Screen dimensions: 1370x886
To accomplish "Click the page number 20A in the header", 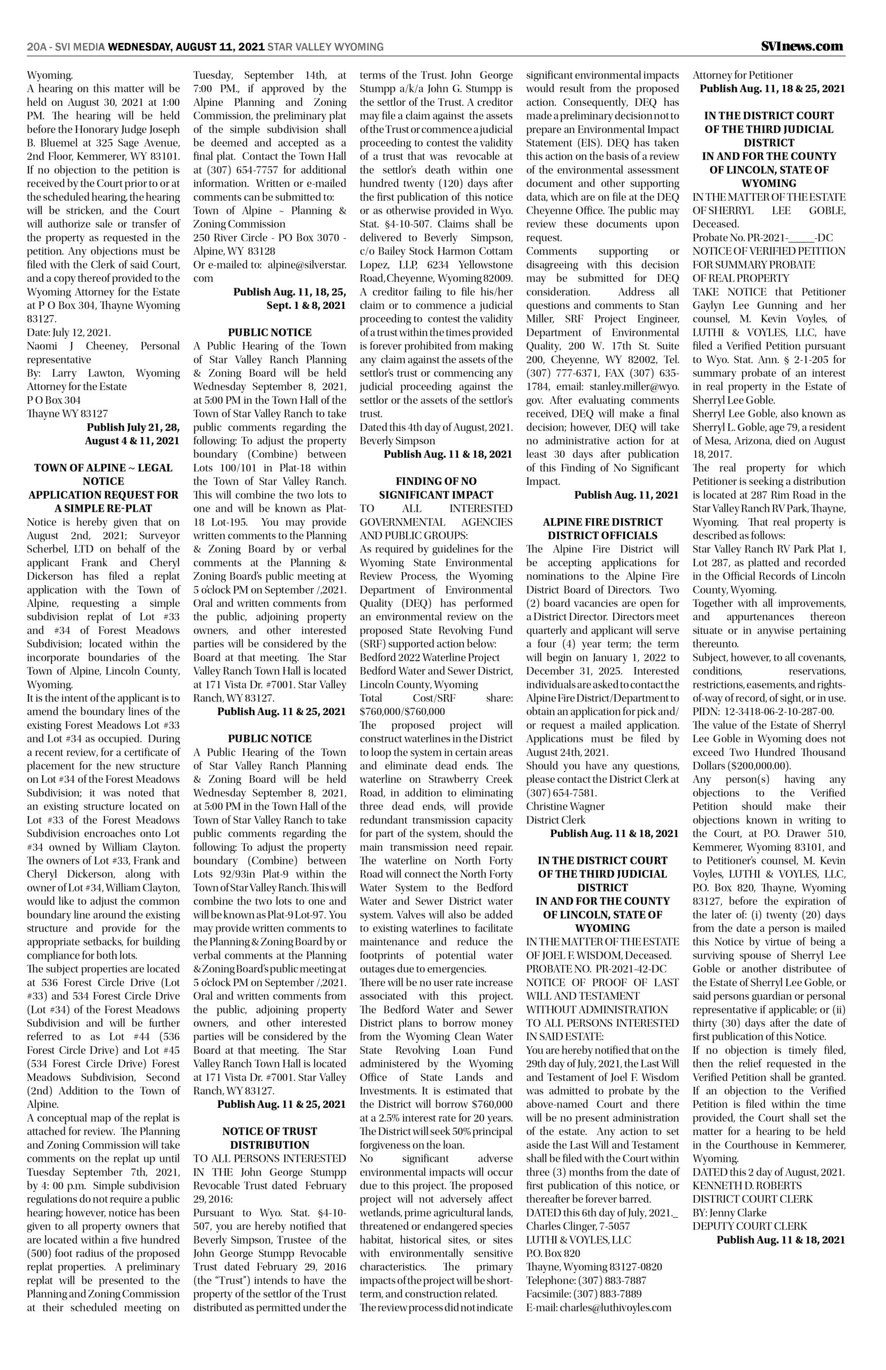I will [36, 47].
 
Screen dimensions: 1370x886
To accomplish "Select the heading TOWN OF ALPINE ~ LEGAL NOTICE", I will [104, 474].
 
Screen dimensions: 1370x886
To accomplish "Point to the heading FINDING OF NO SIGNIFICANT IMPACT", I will [436, 488].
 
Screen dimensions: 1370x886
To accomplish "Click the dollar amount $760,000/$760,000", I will [402, 711].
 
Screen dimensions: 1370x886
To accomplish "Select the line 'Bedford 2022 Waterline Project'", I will [430, 657].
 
